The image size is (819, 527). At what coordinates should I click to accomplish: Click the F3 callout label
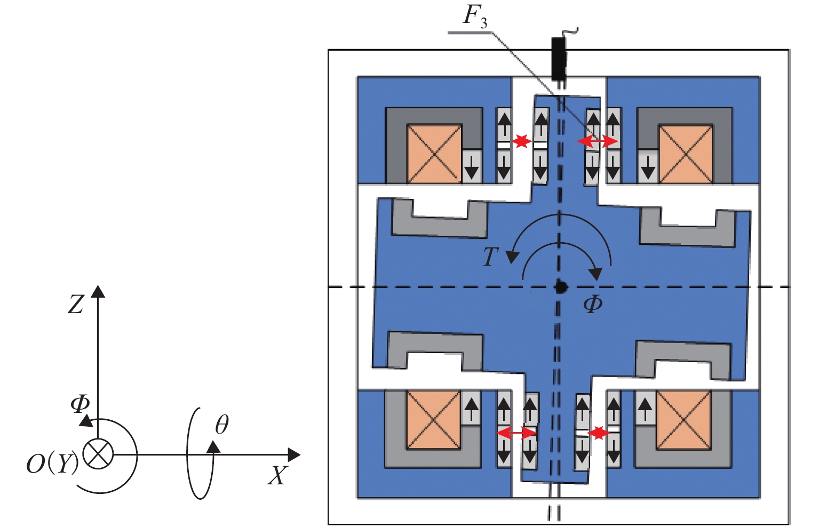[x=475, y=17]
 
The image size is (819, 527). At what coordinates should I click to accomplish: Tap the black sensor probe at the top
[x=558, y=56]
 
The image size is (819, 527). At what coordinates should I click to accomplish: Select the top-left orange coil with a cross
[x=434, y=154]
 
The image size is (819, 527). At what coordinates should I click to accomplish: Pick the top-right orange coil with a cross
[x=686, y=154]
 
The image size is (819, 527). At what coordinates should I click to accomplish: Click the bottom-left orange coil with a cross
[x=433, y=420]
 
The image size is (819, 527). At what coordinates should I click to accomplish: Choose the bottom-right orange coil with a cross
[x=683, y=420]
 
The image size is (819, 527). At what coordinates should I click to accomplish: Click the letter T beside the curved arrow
[x=491, y=257]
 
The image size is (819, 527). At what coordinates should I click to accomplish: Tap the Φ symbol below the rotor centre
[x=593, y=305]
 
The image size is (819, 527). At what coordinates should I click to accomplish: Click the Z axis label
[x=76, y=305]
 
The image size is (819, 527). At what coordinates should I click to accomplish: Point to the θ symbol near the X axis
[x=222, y=425]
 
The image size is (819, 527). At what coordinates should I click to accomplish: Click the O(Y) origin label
[x=52, y=464]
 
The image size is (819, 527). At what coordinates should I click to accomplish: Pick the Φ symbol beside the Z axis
[x=80, y=404]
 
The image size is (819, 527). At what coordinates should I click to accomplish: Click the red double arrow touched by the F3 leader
[x=598, y=141]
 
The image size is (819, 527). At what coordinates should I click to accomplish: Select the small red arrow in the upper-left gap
[x=521, y=141]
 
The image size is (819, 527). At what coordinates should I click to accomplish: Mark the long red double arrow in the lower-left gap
[x=516, y=433]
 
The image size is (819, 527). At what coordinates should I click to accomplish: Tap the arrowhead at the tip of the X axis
[x=294, y=455]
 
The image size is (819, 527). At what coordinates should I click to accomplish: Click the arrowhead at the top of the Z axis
[x=98, y=291]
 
